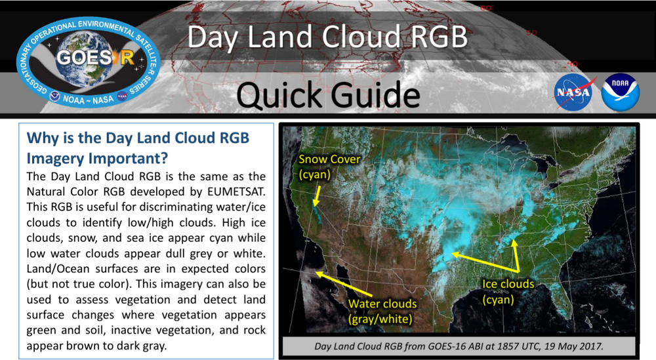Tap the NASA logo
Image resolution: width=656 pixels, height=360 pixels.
[575, 92]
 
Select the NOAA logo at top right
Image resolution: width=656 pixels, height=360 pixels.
[620, 92]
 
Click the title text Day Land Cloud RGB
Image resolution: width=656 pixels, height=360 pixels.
[327, 37]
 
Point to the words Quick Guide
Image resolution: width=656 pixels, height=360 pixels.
[328, 96]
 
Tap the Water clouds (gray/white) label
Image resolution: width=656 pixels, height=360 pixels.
[382, 311]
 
